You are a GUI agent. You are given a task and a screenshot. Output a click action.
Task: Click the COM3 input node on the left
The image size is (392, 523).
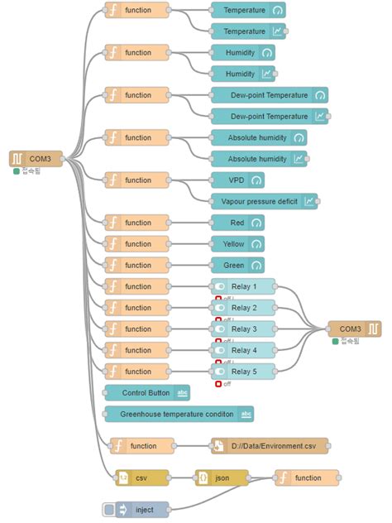pos(36,158)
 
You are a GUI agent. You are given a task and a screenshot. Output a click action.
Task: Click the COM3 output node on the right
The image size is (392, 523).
pos(355,329)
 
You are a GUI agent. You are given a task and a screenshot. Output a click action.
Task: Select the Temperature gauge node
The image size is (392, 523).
pos(247,11)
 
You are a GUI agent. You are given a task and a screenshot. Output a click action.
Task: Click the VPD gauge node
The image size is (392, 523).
pos(237,180)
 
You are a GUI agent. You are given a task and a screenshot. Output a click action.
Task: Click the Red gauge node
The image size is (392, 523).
pos(237,223)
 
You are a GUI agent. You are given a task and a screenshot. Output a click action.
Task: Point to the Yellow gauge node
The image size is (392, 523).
pos(237,244)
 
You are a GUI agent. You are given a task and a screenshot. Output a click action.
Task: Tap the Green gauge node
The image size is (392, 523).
pos(237,265)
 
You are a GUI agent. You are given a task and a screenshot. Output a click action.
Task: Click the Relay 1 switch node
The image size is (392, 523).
pos(244,286)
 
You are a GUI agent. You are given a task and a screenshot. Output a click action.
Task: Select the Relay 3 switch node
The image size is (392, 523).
pos(244,329)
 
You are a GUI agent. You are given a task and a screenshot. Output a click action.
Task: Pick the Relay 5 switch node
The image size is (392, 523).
pos(244,371)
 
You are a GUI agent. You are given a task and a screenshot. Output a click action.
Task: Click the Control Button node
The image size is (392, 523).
pos(148,392)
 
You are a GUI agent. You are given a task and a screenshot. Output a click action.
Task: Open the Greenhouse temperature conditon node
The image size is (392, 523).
pos(179,414)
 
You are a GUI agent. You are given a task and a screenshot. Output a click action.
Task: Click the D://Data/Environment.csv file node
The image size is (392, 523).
pos(270,446)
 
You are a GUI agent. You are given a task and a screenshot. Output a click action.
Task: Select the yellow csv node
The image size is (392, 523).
pos(141,477)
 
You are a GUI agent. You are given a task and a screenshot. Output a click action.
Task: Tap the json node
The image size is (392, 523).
pos(222,477)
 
